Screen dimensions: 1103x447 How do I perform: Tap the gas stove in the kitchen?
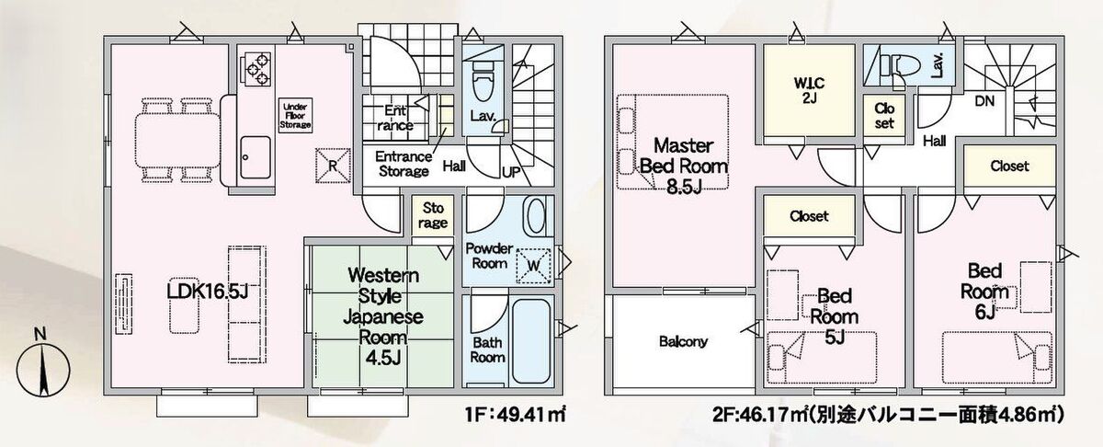click(256, 69)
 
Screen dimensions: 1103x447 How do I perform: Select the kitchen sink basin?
click(256, 157)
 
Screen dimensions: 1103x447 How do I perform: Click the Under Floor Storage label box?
click(295, 116)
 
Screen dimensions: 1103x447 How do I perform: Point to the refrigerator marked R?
click(333, 166)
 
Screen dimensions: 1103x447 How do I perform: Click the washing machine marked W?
click(533, 266)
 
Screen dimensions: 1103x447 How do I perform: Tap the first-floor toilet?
click(483, 80)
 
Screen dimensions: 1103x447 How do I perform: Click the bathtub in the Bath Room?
click(531, 341)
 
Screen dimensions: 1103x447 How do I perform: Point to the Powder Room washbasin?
click(535, 217)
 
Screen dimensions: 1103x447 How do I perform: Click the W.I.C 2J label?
click(809, 90)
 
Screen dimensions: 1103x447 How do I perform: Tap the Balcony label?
click(683, 341)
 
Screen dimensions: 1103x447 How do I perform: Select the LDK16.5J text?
click(207, 291)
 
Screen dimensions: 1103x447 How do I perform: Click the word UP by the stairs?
click(511, 172)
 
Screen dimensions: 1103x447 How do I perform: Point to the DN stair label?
click(984, 101)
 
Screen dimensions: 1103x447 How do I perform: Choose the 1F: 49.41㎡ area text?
click(515, 415)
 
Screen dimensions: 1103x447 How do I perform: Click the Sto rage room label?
click(433, 215)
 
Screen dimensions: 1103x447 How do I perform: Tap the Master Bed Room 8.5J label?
click(684, 166)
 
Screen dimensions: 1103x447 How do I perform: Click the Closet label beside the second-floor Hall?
click(1009, 166)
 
